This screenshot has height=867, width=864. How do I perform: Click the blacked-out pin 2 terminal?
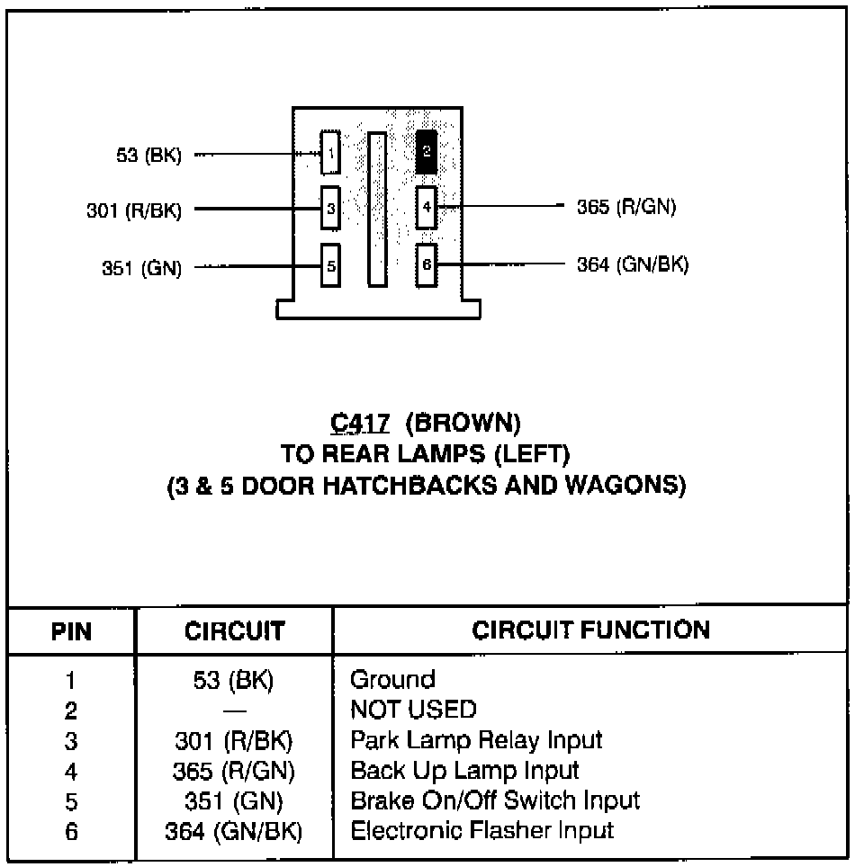pyautogui.click(x=427, y=152)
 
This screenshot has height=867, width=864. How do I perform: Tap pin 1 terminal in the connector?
pyautogui.click(x=331, y=154)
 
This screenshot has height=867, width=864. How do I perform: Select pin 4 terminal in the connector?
pyautogui.click(x=427, y=209)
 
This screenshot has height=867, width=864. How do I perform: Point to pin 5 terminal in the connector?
pyautogui.click(x=331, y=265)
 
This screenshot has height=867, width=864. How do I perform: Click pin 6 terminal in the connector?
pyautogui.click(x=427, y=265)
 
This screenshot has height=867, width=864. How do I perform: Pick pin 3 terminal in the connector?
pyautogui.click(x=331, y=209)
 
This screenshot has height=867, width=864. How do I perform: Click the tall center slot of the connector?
pyautogui.click(x=377, y=209)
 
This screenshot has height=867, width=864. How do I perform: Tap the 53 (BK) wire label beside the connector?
pyautogui.click(x=148, y=156)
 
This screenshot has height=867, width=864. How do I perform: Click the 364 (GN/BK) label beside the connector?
pyautogui.click(x=633, y=264)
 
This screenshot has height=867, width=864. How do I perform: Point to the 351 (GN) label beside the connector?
pyautogui.click(x=141, y=267)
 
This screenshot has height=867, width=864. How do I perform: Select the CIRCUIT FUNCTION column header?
pyautogui.click(x=590, y=630)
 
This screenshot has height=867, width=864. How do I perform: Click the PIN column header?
pyautogui.click(x=71, y=631)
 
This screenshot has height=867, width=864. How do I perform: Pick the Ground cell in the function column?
pyautogui.click(x=392, y=679)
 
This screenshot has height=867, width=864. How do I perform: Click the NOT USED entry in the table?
pyautogui.click(x=413, y=710)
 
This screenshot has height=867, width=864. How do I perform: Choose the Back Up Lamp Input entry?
pyautogui.click(x=464, y=771)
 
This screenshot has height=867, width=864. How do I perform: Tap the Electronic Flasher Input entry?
pyautogui.click(x=481, y=830)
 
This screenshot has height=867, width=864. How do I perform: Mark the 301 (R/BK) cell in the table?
pyautogui.click(x=233, y=740)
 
